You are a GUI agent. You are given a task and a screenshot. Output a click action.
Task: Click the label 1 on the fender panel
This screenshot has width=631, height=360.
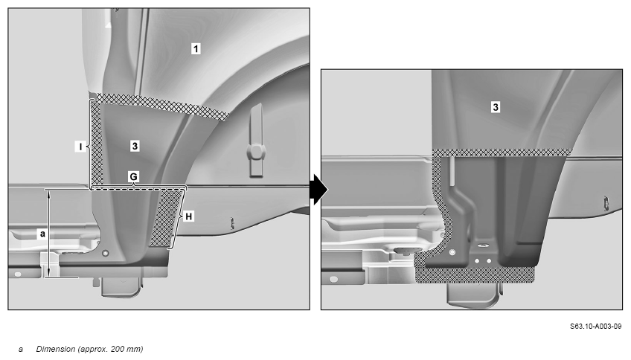[196, 48]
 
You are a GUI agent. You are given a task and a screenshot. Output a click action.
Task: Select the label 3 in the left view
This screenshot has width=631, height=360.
[135, 146]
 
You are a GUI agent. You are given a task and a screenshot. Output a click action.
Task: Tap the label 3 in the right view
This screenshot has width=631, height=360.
[496, 107]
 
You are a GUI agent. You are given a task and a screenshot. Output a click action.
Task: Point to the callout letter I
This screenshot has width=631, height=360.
[80, 147]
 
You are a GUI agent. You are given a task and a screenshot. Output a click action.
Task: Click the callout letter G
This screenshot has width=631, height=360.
[133, 176]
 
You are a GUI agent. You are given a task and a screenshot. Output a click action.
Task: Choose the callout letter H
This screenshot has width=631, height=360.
[188, 216]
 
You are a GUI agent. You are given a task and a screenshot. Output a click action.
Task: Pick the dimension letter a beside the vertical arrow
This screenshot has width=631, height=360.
[42, 234]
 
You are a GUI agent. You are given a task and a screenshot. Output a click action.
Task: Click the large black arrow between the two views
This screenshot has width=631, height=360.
[319, 189]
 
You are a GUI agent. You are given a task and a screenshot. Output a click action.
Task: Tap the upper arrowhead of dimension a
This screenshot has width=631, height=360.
[48, 193]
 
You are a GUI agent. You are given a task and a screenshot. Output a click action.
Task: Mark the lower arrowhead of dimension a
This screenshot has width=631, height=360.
[48, 273]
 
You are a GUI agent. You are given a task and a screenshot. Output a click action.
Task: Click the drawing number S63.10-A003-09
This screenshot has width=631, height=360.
[595, 327]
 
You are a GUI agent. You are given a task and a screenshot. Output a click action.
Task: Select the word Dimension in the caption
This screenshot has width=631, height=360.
[56, 349]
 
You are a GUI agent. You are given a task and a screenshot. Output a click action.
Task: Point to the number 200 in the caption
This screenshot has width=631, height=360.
[118, 349]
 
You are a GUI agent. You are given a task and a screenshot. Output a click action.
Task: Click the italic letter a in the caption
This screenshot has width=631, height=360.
[21, 350]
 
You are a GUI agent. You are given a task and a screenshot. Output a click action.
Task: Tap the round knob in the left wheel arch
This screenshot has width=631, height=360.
[256, 152]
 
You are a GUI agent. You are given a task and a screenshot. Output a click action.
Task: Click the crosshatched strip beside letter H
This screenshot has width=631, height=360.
[167, 219]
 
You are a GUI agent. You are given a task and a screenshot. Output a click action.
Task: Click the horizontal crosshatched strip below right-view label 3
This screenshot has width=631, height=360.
[502, 152]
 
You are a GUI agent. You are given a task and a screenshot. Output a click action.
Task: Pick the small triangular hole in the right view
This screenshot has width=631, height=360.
[482, 245]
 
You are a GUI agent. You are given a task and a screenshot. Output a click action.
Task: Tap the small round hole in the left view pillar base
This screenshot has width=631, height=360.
[106, 254]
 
